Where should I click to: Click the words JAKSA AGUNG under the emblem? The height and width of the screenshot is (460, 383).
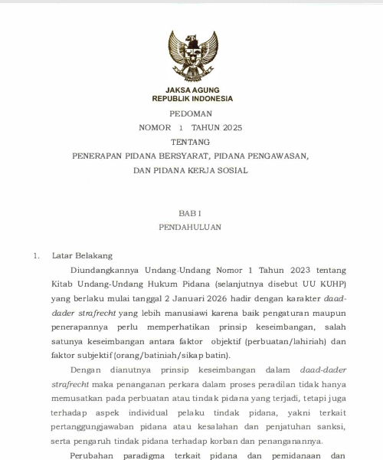click(x=191, y=90)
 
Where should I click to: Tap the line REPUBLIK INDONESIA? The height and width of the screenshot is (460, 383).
click(x=191, y=98)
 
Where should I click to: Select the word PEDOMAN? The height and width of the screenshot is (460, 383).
click(x=191, y=113)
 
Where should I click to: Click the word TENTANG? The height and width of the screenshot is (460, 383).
click(x=191, y=142)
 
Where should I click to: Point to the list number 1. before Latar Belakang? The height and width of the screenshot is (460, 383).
click(x=36, y=255)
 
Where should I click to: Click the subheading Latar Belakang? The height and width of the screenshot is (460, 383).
click(x=82, y=255)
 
